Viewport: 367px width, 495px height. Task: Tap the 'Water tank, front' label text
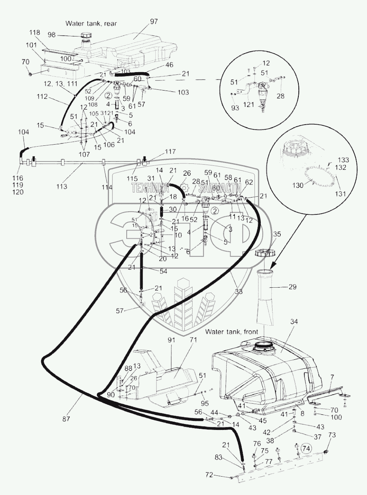coord(231,332)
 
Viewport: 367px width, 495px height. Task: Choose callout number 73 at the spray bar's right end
coord(331,435)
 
